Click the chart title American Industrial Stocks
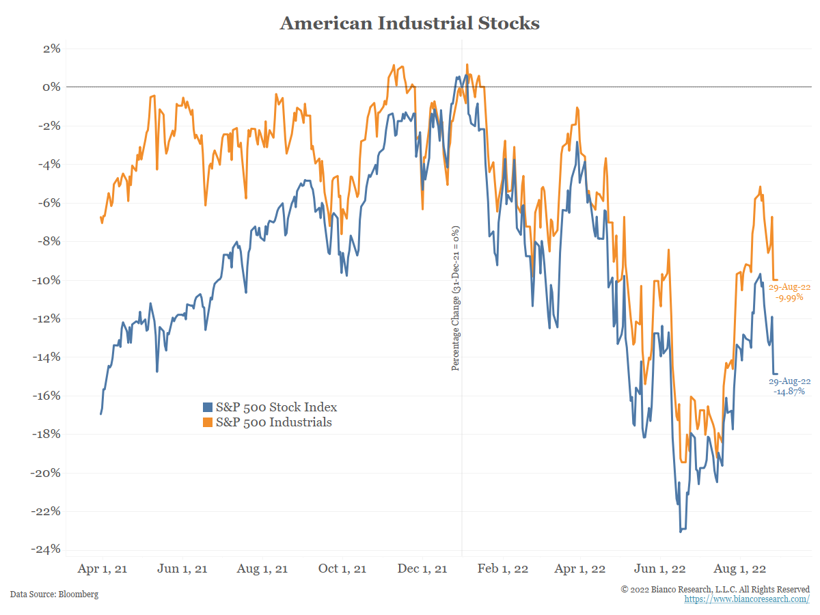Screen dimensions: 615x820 [x=409, y=23]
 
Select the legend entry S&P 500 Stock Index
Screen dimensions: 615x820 [x=276, y=407]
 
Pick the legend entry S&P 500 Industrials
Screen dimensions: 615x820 [x=273, y=422]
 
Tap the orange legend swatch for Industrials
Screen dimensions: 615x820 [x=208, y=422]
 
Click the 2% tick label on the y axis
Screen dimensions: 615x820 [x=52, y=49]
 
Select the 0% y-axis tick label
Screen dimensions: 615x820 [x=52, y=87]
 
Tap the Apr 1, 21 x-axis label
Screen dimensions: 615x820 [x=102, y=569]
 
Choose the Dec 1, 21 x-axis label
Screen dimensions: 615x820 [x=423, y=569]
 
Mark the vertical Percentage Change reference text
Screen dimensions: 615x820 [x=456, y=298]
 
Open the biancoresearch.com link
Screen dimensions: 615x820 [x=747, y=599]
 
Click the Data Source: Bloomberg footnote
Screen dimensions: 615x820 [x=54, y=594]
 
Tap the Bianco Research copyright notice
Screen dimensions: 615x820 [x=715, y=589]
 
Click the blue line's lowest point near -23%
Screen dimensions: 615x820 [x=681, y=531]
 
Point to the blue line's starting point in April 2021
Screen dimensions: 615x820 [x=101, y=413]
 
